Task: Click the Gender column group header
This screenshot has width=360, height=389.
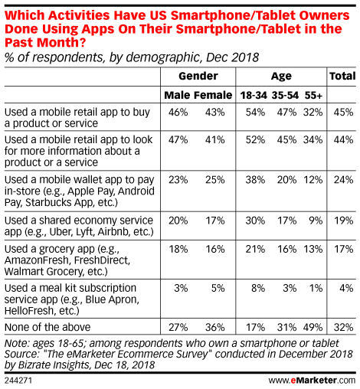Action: point(198,76)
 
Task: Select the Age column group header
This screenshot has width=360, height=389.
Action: point(281,77)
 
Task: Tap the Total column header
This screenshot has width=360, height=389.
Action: point(342,76)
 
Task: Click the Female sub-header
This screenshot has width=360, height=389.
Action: point(213,95)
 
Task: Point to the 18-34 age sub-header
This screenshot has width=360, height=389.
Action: point(254,95)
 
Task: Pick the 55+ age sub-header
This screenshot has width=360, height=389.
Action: point(313,95)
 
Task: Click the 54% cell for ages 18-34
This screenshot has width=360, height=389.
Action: point(255,113)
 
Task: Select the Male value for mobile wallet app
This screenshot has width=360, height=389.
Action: point(178,180)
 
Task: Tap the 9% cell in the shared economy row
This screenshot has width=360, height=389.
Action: point(316,221)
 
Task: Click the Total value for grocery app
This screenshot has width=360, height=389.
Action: point(344,249)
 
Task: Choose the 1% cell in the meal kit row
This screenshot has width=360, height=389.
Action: point(316,288)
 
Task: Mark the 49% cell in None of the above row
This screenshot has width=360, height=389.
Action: point(313,327)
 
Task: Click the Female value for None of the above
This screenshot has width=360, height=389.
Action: point(215,327)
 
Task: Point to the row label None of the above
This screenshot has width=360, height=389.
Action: point(47,327)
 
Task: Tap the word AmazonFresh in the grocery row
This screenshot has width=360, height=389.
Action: point(38,260)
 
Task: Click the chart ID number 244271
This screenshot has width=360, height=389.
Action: point(18,381)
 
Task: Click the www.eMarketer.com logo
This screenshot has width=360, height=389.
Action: point(312,381)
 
